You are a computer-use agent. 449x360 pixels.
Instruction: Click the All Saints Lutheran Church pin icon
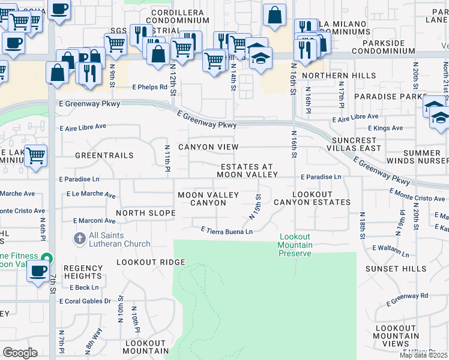click(79, 239)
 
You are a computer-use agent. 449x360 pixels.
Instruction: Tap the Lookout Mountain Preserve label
click(295, 245)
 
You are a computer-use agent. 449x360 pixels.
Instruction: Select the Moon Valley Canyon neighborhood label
click(208, 199)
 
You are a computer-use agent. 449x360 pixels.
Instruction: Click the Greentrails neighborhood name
click(104, 155)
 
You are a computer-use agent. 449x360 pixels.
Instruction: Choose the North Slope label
click(145, 213)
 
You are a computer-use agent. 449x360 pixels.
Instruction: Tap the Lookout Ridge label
click(151, 262)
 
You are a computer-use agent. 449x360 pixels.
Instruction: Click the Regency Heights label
click(83, 272)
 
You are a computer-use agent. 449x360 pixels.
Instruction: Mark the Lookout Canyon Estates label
click(312, 199)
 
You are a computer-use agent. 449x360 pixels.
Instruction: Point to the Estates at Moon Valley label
click(247, 170)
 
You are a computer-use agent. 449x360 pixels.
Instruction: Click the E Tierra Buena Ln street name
click(226, 231)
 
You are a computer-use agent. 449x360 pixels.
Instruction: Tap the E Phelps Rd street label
click(150, 87)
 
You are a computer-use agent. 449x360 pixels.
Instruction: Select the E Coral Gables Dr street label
click(86, 301)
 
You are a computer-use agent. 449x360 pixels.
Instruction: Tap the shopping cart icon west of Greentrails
click(35, 155)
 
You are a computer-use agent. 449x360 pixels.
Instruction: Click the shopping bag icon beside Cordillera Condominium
click(274, 16)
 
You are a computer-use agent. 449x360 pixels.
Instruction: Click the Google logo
click(20, 352)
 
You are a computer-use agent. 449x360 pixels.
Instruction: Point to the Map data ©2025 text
click(424, 355)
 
